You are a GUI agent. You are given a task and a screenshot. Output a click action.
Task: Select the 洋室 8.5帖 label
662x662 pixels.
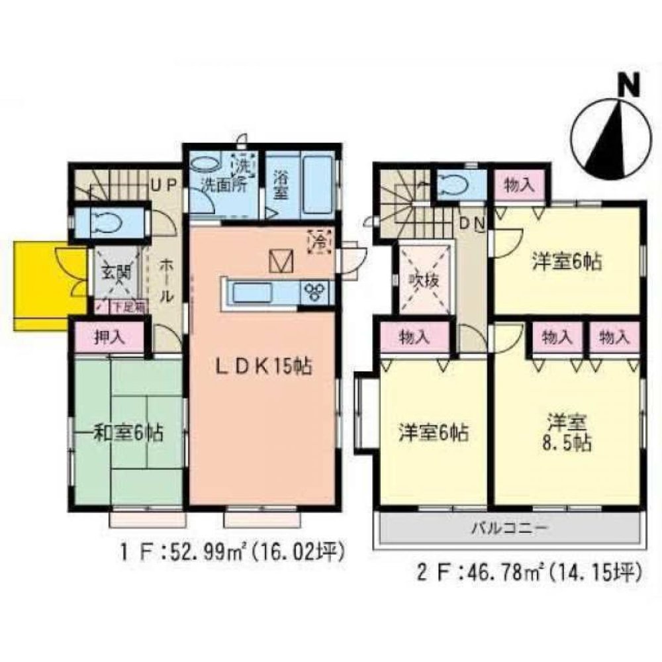[x=567, y=432]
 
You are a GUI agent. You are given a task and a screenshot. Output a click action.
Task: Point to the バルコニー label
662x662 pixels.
[x=508, y=529]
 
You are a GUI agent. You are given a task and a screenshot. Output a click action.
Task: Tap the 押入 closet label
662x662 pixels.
[x=107, y=337]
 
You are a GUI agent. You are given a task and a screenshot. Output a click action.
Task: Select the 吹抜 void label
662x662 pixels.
[x=424, y=280]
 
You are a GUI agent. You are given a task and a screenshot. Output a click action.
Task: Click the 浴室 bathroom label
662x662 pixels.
[x=281, y=187]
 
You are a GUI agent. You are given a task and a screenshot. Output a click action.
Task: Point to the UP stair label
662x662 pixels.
[x=161, y=187]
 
